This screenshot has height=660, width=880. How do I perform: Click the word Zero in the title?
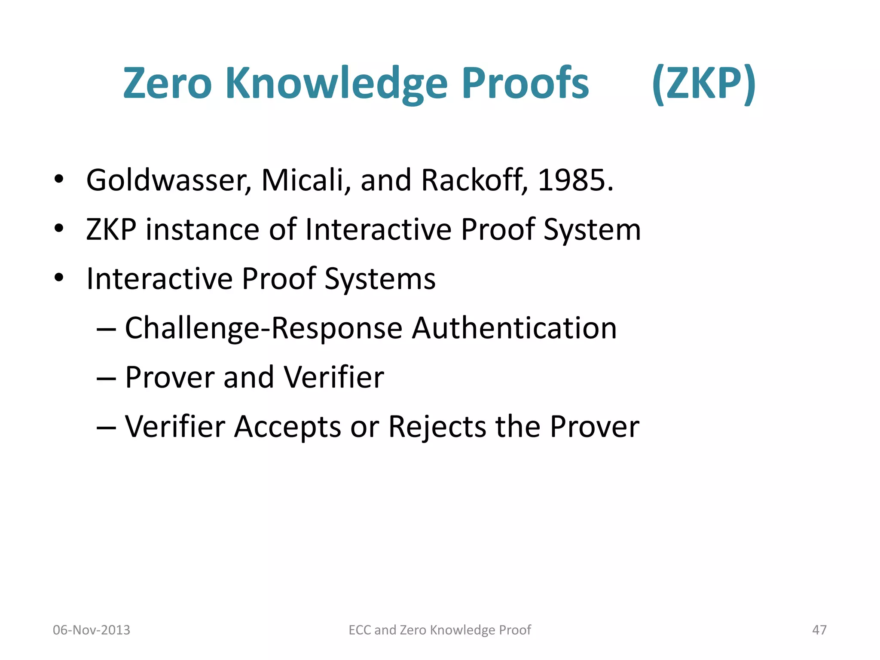(x=168, y=83)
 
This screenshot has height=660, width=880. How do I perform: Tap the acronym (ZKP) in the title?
(x=703, y=83)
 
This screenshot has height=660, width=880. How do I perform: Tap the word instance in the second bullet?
(x=202, y=229)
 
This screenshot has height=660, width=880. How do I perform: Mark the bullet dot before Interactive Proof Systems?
(x=59, y=278)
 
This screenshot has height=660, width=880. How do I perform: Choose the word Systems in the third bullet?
(x=380, y=279)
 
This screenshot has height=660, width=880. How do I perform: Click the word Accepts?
(x=287, y=427)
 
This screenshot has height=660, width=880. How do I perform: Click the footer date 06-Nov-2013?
(x=92, y=630)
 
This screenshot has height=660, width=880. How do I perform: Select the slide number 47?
(x=819, y=630)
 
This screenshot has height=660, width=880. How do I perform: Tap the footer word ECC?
(x=360, y=630)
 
